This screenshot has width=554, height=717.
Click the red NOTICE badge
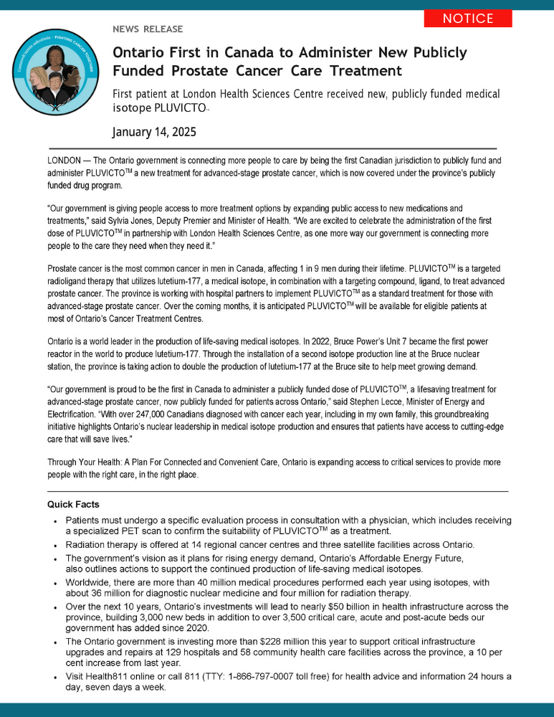click(468, 19)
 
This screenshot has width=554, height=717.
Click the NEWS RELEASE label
click(148, 29)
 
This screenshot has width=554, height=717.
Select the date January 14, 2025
click(154, 132)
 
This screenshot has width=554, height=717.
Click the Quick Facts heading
click(73, 504)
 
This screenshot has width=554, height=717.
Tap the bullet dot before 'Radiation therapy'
click(54, 545)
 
